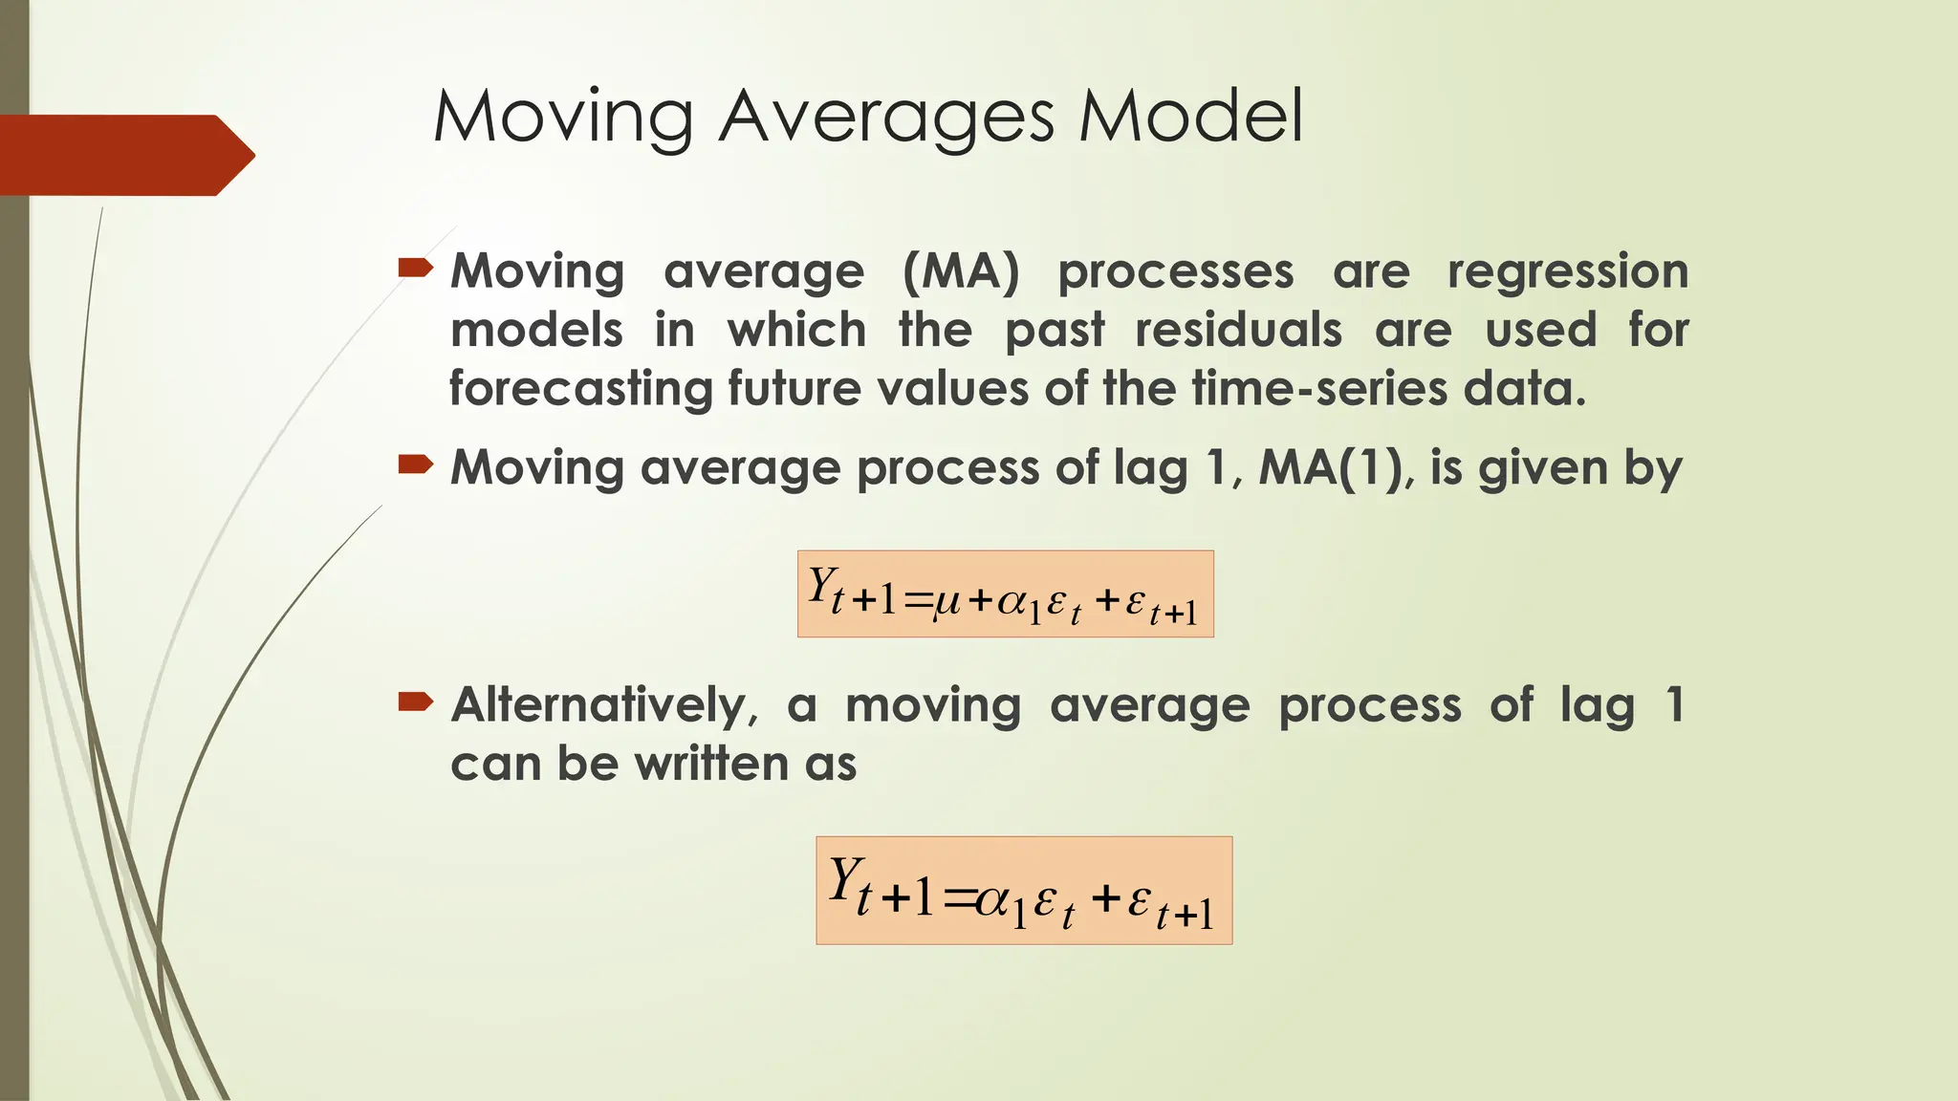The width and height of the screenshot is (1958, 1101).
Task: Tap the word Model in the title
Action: [x=1190, y=117]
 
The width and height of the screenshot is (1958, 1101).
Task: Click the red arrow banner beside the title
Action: [x=124, y=155]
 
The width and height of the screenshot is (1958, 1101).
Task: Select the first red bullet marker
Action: [x=415, y=268]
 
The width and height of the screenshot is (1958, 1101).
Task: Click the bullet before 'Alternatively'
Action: [x=415, y=703]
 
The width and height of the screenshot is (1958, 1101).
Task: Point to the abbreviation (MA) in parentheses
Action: [x=961, y=271]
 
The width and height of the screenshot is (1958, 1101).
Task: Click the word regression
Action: [x=1567, y=273]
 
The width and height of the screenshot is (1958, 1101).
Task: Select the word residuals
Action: [x=1237, y=331]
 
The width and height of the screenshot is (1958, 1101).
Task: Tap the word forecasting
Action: [x=580, y=390]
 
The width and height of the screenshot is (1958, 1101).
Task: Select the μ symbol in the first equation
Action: [x=946, y=601]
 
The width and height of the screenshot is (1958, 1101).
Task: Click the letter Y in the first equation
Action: [x=820, y=585]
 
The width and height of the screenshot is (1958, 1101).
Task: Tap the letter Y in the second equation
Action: [x=842, y=879]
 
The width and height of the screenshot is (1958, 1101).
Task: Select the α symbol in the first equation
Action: [x=1012, y=601]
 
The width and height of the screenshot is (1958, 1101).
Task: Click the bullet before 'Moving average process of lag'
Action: [x=415, y=465]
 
